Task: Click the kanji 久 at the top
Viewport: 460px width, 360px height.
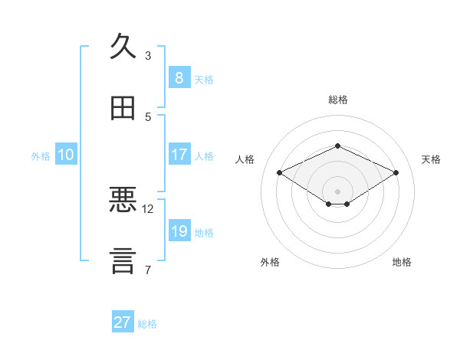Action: coord(123,46)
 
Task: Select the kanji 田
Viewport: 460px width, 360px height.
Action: coord(123,108)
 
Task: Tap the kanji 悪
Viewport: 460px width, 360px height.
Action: coord(123,199)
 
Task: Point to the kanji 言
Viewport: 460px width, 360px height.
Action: coord(123,261)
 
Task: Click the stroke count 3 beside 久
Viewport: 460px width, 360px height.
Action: coord(148,56)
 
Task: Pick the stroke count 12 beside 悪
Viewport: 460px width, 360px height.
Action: coord(147,209)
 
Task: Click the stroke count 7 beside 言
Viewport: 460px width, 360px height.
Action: coord(148,270)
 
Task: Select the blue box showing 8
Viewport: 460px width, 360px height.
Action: coord(179,77)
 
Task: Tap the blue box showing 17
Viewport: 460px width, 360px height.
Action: coord(179,154)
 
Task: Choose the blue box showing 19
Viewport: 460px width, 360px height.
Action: coord(179,230)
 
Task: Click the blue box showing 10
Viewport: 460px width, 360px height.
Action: coord(66,154)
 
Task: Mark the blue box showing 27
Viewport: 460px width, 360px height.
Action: coord(123,321)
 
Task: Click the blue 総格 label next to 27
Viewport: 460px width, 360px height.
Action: coord(147,324)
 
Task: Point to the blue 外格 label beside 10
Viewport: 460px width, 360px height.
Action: coord(41,156)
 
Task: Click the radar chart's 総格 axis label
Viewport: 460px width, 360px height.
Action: coord(338,100)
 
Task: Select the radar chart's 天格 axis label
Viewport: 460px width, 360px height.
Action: coord(431,159)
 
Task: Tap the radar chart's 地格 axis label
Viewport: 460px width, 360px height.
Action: coord(402,262)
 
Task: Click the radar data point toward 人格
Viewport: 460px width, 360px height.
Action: coord(280,172)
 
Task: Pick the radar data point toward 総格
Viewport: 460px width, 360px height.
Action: coord(338,146)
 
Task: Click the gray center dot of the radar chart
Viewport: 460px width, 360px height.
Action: coord(337,191)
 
